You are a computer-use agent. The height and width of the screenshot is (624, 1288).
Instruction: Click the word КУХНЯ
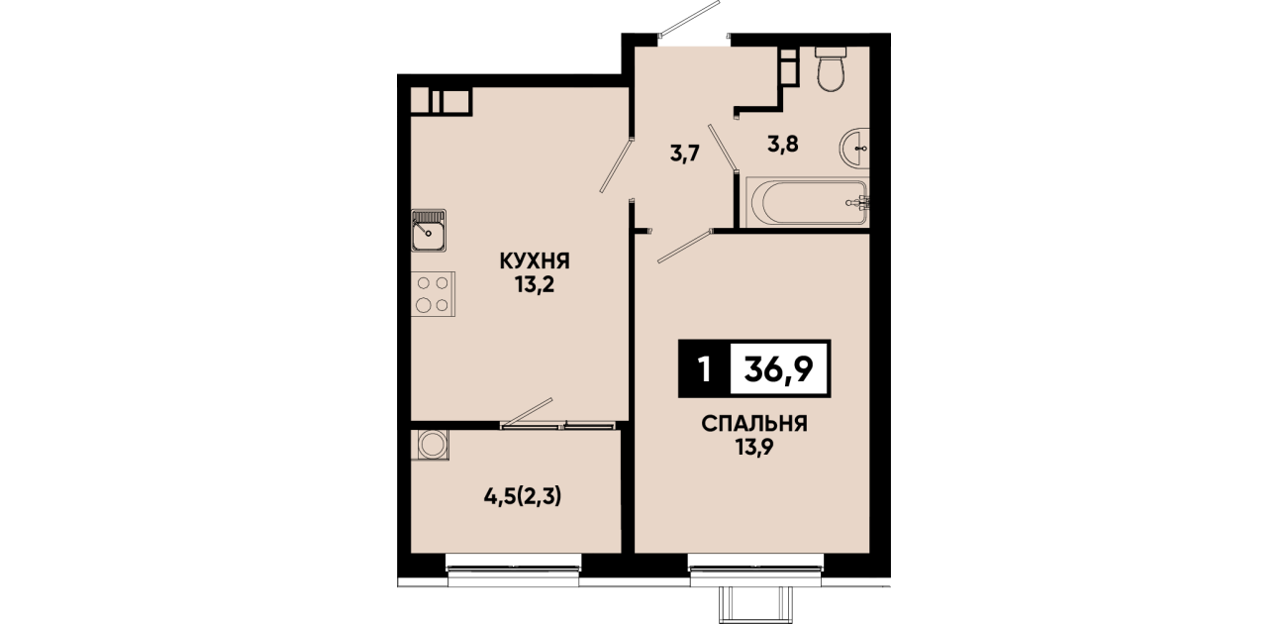535,261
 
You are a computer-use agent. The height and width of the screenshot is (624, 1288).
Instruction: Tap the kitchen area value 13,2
535,284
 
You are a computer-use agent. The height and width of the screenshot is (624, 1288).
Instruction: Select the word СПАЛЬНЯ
754,425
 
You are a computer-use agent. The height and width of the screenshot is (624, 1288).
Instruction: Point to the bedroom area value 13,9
754,447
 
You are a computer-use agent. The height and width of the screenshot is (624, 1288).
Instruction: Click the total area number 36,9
778,368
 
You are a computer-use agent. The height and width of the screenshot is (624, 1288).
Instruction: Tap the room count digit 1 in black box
704,368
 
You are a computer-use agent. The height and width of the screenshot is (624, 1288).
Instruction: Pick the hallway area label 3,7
685,154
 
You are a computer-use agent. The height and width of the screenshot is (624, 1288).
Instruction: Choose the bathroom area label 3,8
783,144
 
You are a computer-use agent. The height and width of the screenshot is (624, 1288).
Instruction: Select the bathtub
807,202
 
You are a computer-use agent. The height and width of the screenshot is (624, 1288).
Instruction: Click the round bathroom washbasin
854,149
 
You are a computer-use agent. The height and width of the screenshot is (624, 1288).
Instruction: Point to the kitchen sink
429,230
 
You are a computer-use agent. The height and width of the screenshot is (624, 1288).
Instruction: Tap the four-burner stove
433,294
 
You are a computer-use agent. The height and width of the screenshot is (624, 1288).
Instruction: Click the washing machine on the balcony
430,445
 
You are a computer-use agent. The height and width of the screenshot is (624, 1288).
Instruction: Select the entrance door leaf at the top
689,19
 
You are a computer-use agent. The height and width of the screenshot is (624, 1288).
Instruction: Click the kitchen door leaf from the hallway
616,165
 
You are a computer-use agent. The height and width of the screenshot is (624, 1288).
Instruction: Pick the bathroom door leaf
722,148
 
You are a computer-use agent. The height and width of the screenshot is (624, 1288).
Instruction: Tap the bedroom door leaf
685,247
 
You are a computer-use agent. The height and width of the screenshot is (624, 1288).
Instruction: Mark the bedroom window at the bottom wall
755,568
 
